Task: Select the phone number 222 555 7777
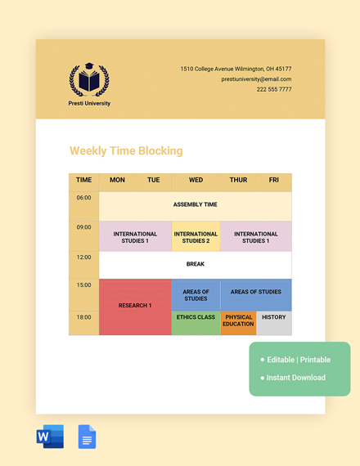coord(273,89)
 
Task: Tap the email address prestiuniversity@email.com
coord(256,79)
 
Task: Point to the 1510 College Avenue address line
coord(236,69)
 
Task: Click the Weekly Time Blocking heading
coord(126,151)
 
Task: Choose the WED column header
coord(196,180)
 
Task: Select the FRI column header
coord(273,180)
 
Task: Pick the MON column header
coord(117,180)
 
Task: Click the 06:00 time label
coord(83,198)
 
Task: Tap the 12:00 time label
coord(83,258)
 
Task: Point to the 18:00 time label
coord(83,317)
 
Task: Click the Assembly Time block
coord(195,204)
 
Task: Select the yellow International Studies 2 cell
coord(196,237)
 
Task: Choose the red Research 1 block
coord(135,306)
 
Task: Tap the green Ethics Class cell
coord(196,318)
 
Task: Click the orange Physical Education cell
coord(238,321)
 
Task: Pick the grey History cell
coord(273,318)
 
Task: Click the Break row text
coord(195,264)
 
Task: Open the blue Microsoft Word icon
coord(50,437)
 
